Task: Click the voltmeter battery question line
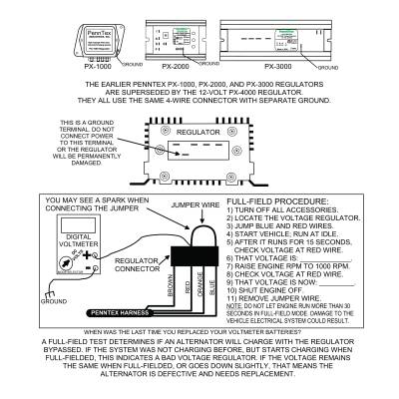click(199, 332)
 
